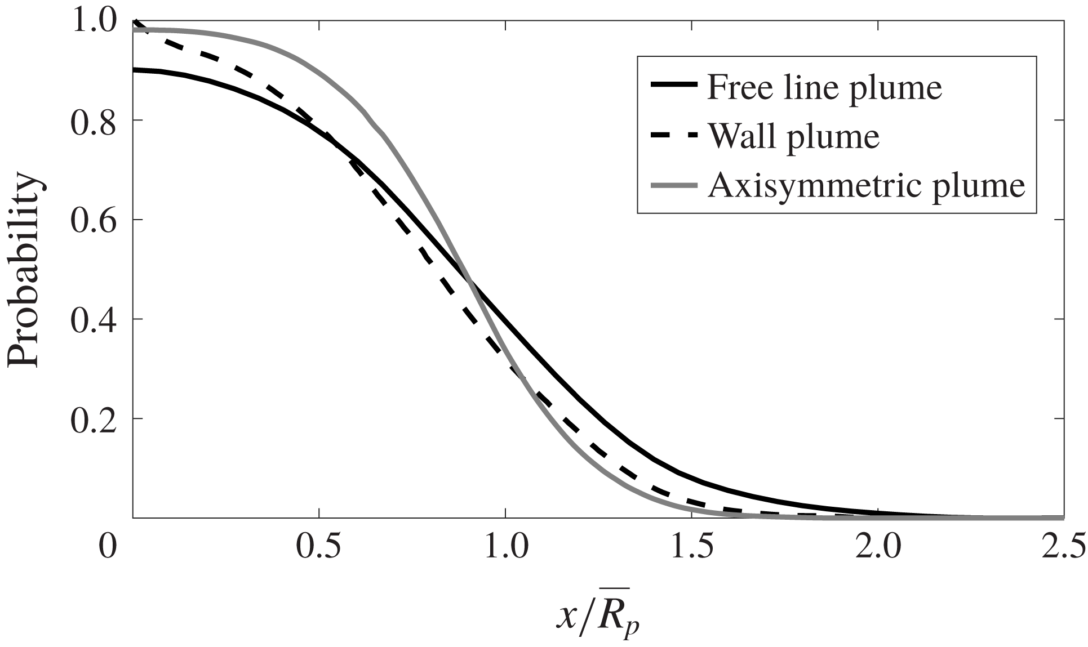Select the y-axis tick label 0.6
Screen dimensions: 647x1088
click(x=93, y=221)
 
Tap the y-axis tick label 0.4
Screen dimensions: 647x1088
click(x=93, y=320)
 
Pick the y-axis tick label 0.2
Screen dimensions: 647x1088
click(x=93, y=420)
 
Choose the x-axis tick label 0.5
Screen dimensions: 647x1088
click(x=319, y=547)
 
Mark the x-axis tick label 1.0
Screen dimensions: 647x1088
click(x=505, y=547)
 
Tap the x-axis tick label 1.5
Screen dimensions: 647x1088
click(x=692, y=547)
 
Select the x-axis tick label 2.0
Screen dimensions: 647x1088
click(x=878, y=547)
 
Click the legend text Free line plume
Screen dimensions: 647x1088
click(x=824, y=88)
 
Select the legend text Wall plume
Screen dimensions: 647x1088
click(x=793, y=136)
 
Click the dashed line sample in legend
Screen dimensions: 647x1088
click(x=673, y=135)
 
